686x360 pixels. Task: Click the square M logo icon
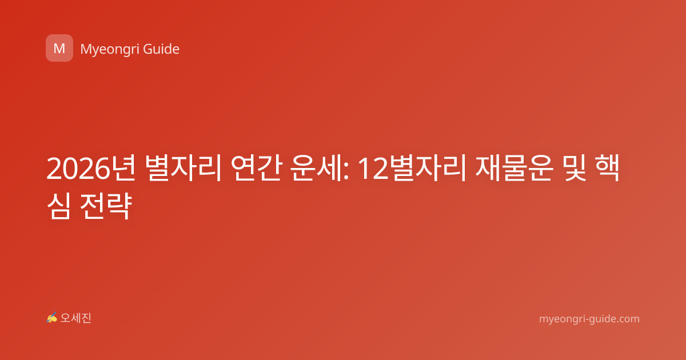59,48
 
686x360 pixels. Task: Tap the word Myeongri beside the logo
110,49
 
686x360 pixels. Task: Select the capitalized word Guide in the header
161,49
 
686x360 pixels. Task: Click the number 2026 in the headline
78,169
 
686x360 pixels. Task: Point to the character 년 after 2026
123,168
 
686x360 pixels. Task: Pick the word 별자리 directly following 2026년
183,168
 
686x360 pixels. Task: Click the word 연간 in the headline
256,168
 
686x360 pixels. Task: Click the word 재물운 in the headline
514,168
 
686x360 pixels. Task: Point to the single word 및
575,168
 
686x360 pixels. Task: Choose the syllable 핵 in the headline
607,168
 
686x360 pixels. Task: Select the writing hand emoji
51,318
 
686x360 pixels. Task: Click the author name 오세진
75,318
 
